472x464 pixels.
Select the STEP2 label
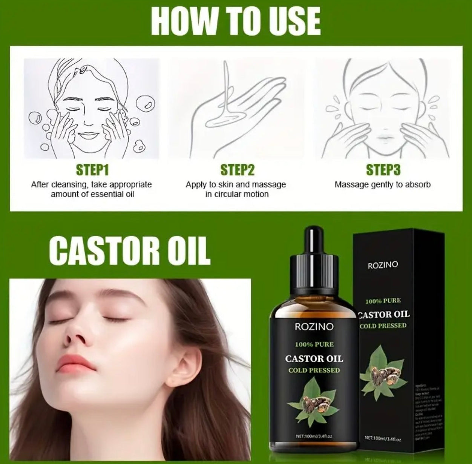click(238, 170)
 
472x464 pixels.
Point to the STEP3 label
click(383, 170)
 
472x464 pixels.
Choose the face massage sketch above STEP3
click(382, 109)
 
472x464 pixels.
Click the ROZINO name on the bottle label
click(314, 327)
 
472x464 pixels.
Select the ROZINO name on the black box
click(382, 265)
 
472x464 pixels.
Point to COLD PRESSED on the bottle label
click(314, 370)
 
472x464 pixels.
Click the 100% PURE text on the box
click(383, 301)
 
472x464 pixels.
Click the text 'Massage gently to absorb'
click(382, 185)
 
